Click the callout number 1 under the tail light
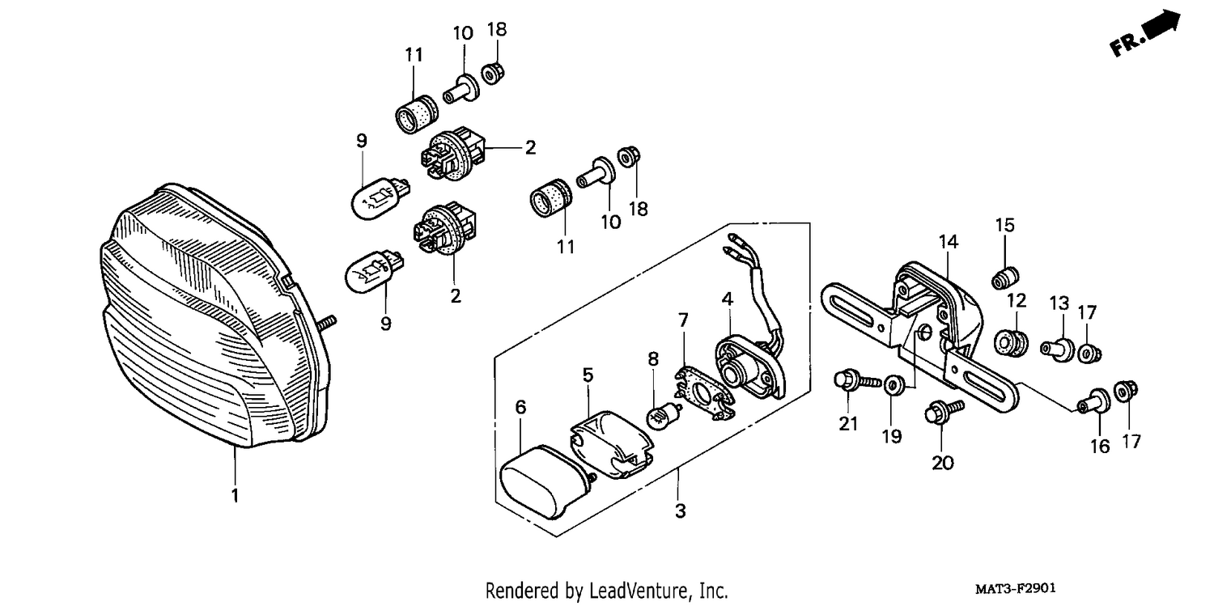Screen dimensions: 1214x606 [235, 495]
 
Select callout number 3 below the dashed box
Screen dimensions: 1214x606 [680, 511]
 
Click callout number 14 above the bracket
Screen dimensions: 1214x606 [949, 242]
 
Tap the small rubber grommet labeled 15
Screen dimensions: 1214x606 [1005, 278]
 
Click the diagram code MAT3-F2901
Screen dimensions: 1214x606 [1016, 588]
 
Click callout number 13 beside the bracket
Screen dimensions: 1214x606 [1059, 303]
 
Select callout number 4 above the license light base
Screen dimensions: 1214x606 [728, 299]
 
